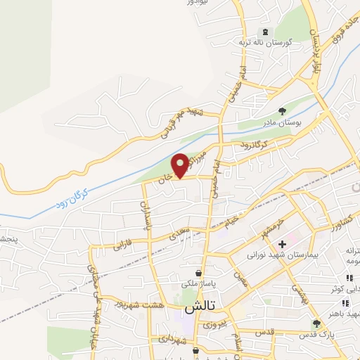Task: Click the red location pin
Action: [181, 165]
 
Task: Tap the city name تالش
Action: [199, 308]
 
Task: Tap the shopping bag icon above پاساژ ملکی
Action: [200, 272]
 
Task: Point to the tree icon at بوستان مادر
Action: [282, 110]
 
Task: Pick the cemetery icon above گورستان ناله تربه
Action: [265, 32]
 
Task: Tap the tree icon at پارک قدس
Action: [316, 323]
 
